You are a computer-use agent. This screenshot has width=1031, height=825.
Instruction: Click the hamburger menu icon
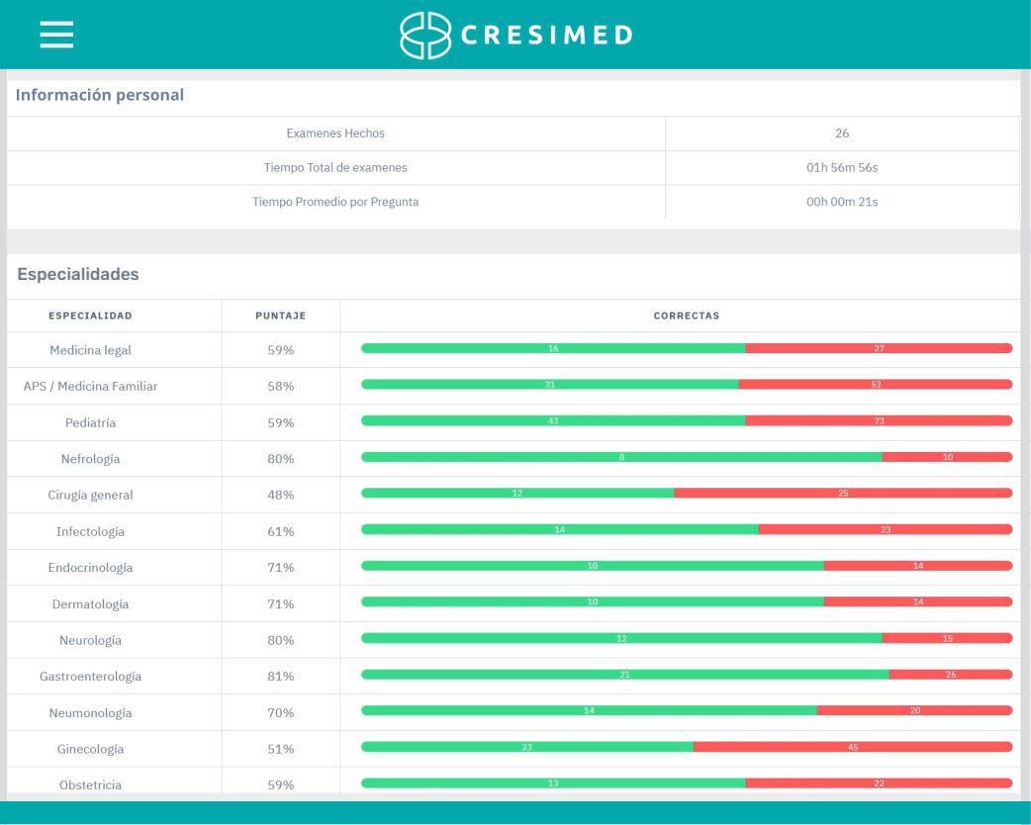pos(56,35)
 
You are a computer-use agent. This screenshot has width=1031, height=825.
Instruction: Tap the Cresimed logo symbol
pos(424,36)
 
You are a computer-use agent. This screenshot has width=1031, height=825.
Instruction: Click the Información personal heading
pos(100,96)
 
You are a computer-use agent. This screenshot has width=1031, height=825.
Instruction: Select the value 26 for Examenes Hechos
pos(842,134)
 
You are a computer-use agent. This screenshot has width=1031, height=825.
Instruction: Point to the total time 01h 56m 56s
pos(842,168)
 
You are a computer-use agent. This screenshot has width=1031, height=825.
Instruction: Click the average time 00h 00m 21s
pos(842,202)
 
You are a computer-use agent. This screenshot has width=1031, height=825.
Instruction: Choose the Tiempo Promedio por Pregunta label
pos(335,202)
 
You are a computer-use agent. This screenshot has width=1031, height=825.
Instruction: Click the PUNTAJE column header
pos(281,317)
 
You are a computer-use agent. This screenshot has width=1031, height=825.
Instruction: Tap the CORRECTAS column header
pos(687,317)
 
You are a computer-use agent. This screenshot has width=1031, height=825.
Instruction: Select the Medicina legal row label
pos(90,350)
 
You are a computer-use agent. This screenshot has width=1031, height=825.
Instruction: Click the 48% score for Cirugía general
pos(281,495)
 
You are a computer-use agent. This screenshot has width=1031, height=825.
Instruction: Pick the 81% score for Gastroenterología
pos(281,677)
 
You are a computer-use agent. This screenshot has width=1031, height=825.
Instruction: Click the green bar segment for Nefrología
pos(621,457)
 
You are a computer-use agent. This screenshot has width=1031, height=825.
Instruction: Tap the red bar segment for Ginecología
pos(853,747)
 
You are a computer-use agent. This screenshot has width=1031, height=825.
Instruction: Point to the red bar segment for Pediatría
pos(879,420)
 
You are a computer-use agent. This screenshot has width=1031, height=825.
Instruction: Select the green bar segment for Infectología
pos(560,529)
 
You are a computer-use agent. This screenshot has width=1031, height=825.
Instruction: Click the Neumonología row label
pos(90,713)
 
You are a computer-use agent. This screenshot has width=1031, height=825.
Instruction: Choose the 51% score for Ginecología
pos(281,749)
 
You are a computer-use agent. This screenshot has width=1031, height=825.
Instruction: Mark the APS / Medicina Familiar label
pos(90,387)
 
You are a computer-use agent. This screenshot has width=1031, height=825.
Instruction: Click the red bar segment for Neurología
pos(947,638)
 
